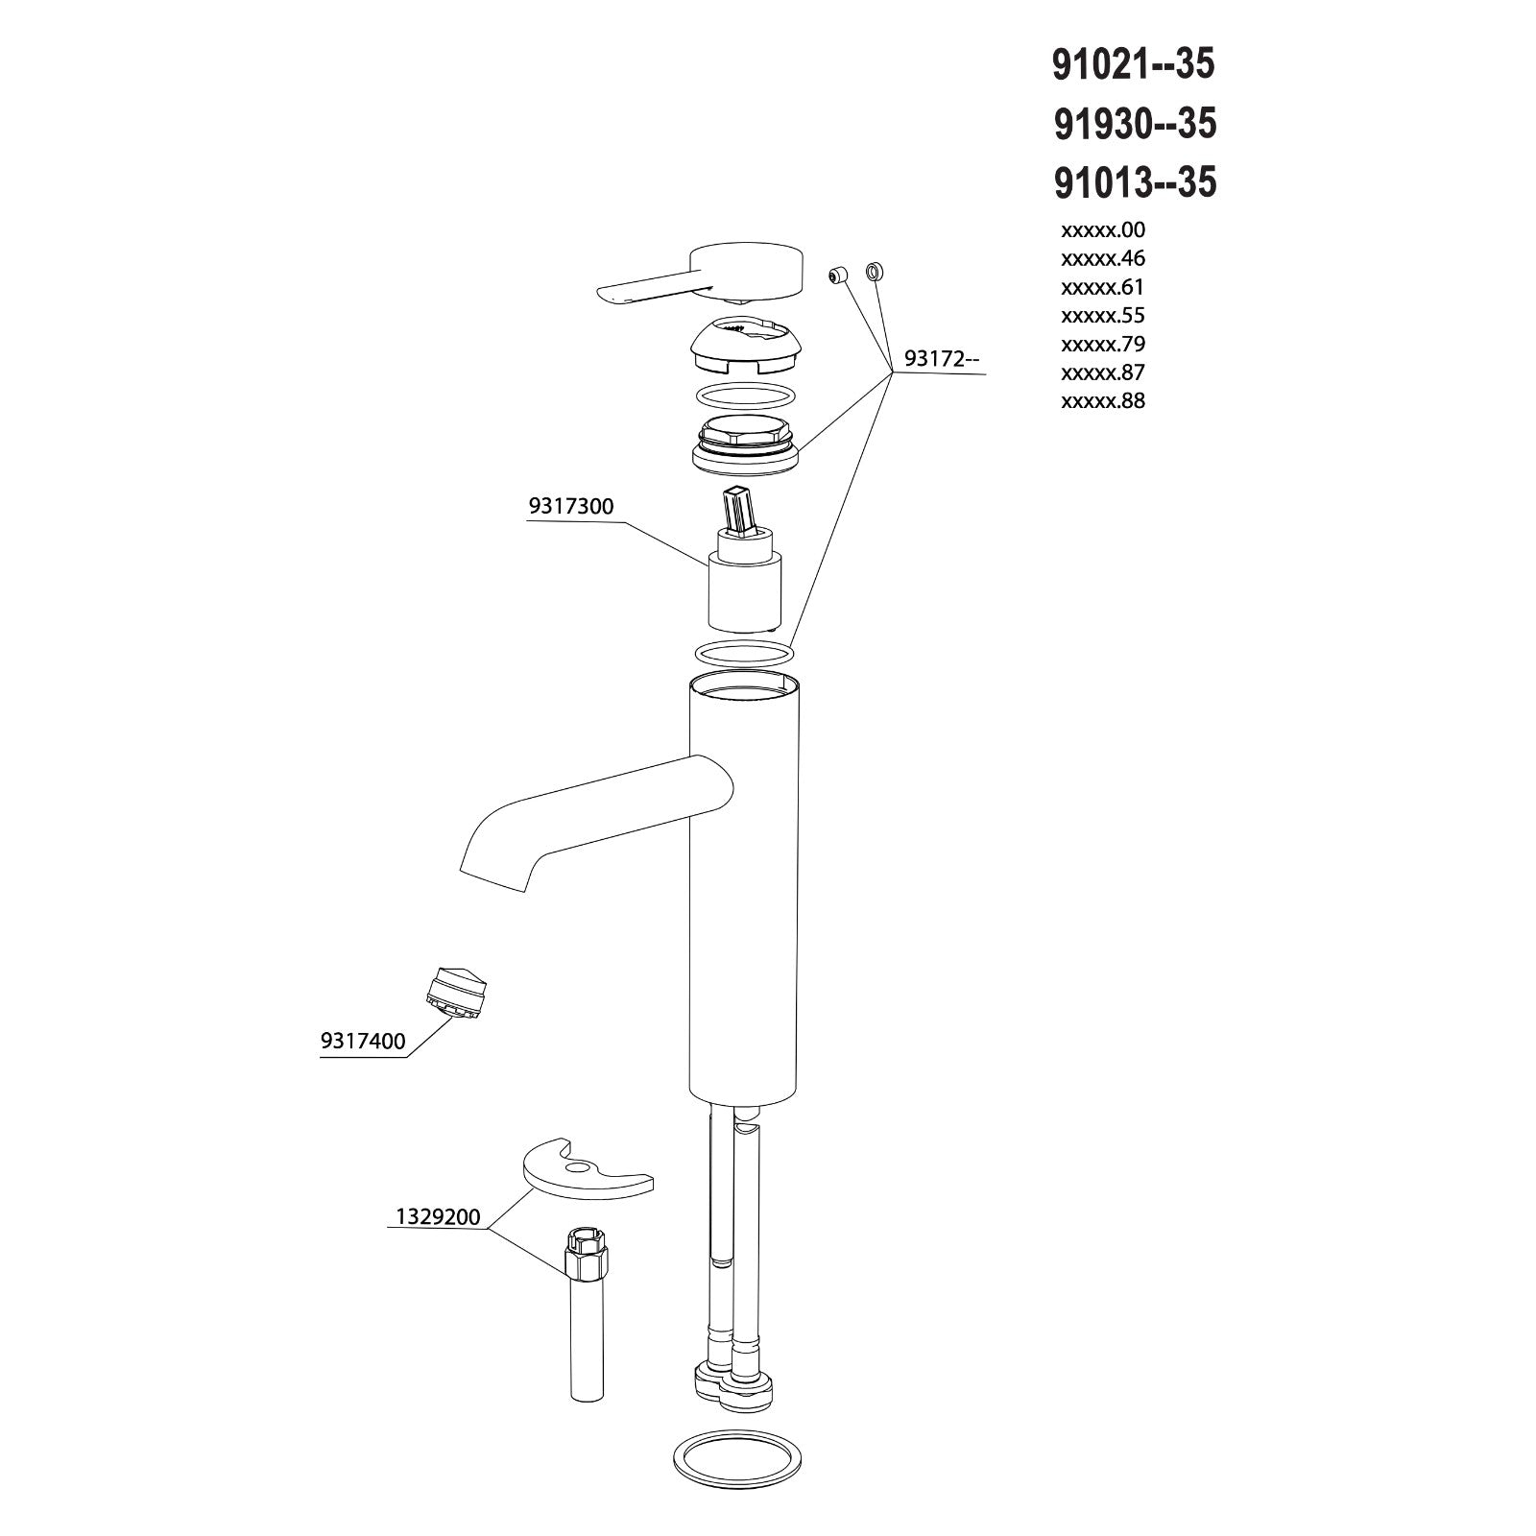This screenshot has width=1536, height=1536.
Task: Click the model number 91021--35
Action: point(1134,64)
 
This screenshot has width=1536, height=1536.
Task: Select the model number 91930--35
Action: point(1135,123)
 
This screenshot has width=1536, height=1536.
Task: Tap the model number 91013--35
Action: point(1135,181)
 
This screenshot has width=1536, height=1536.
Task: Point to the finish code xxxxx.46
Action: point(1103,258)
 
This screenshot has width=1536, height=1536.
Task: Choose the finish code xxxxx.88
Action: point(1103,400)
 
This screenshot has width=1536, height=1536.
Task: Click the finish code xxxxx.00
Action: point(1103,229)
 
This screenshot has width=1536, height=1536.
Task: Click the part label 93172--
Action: point(942,360)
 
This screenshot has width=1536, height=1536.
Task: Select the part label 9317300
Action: point(570,507)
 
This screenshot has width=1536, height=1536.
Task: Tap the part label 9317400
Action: point(363,1041)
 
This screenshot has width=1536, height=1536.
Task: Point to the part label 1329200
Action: point(438,1217)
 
